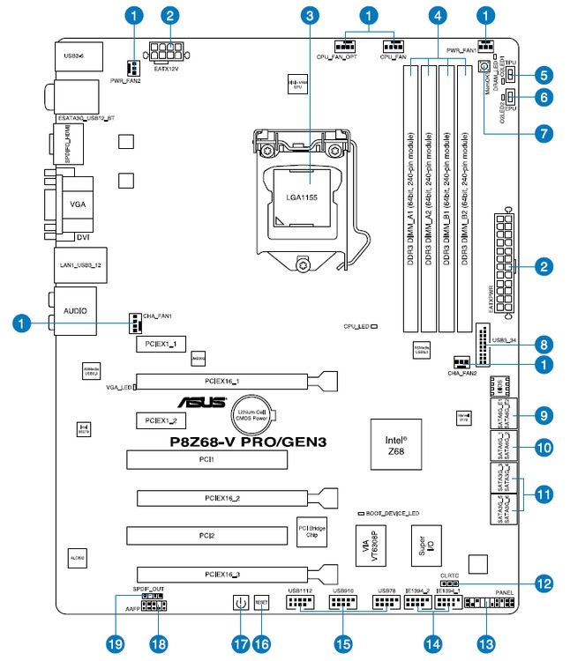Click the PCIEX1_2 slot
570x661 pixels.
(x=160, y=420)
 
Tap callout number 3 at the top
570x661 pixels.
(x=309, y=15)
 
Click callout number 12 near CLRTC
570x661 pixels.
(x=544, y=583)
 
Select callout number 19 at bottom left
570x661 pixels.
(x=113, y=644)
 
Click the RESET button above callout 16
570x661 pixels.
(x=261, y=605)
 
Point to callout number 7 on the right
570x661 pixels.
(x=544, y=134)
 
